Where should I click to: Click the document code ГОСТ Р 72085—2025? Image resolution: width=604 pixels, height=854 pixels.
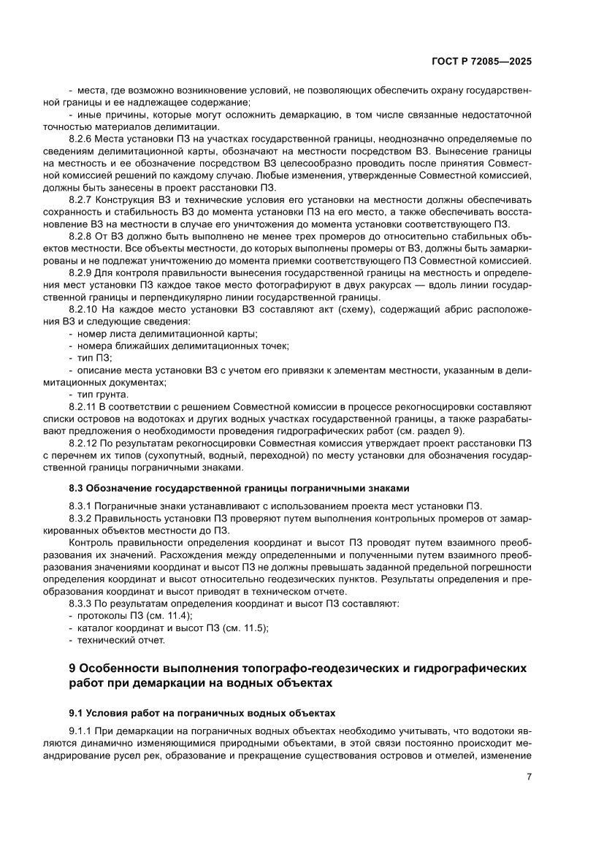click(479, 62)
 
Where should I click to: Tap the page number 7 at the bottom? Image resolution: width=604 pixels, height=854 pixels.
click(528, 777)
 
